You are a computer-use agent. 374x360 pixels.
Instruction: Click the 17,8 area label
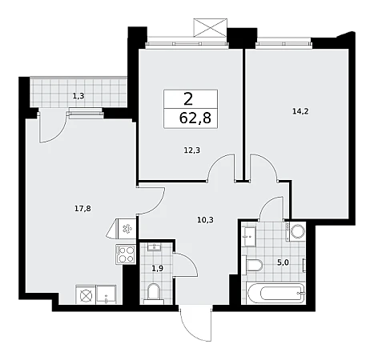(x=82, y=209)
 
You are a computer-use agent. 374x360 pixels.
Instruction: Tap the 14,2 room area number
(x=300, y=111)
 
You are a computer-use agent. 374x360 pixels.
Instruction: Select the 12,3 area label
(x=192, y=150)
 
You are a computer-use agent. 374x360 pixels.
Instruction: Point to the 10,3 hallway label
(x=205, y=220)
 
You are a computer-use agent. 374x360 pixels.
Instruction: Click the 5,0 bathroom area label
(x=283, y=262)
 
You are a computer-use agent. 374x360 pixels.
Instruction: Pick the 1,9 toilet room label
(x=157, y=268)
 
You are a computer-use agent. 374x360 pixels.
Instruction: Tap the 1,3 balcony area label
(x=78, y=96)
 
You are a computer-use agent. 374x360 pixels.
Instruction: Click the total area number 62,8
(x=195, y=118)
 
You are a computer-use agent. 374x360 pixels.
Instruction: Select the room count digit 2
(x=188, y=99)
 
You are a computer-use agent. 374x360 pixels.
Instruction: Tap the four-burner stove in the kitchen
(x=126, y=254)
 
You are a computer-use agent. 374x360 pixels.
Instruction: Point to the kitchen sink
(x=107, y=294)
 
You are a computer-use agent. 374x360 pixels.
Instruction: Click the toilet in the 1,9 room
(x=154, y=294)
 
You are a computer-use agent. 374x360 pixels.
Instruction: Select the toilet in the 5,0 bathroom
(x=253, y=265)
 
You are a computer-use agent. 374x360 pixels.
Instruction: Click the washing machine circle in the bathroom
(x=297, y=231)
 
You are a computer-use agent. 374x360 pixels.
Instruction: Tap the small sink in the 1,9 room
(x=154, y=247)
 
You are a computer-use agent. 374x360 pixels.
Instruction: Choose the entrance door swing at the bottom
(x=195, y=324)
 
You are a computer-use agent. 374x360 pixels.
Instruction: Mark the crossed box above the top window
(x=211, y=27)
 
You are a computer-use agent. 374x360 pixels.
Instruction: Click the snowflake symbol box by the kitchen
(x=127, y=229)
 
